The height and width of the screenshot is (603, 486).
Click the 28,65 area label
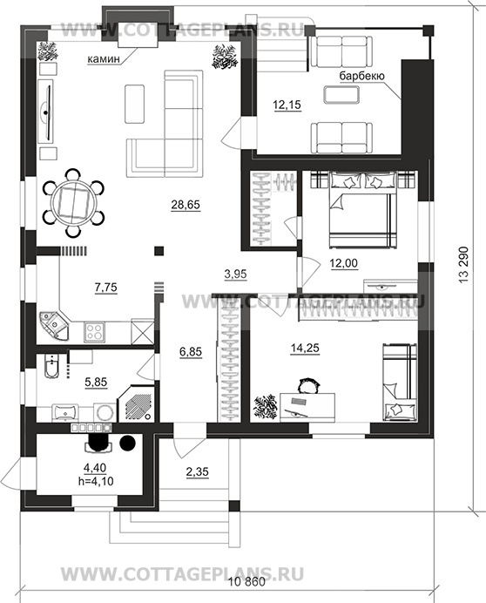click(186, 205)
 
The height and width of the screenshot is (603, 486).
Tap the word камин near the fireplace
click(104, 59)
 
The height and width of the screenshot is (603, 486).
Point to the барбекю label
click(361, 76)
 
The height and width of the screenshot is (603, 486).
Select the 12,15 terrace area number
click(287, 105)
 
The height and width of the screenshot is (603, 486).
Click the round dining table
click(72, 203)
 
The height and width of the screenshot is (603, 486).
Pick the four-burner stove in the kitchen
click(94, 331)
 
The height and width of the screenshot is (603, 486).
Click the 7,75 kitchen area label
click(105, 288)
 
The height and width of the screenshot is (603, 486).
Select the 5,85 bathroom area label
click(96, 383)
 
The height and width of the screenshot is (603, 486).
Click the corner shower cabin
click(137, 403)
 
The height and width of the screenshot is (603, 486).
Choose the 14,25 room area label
click(305, 348)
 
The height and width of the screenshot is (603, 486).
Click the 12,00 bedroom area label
click(344, 263)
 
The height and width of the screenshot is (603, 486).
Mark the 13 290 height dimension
click(464, 265)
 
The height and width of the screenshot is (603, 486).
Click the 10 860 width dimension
click(247, 581)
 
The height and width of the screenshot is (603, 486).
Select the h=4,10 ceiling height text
click(96, 481)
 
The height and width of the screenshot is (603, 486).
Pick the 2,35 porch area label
click(197, 471)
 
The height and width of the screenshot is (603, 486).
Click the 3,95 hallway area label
click(235, 274)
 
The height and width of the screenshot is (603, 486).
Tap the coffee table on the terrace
click(341, 95)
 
